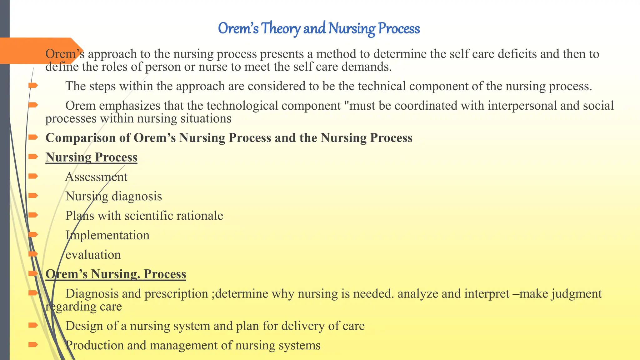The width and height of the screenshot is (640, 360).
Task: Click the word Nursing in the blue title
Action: click(x=352, y=28)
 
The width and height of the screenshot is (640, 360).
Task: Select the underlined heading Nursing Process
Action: click(x=91, y=157)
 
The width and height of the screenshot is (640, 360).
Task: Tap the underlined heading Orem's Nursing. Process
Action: click(x=116, y=274)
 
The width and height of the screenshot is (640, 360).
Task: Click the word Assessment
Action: click(x=96, y=177)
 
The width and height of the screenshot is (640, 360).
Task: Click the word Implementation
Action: click(x=107, y=235)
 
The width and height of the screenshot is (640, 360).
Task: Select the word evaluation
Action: click(x=93, y=255)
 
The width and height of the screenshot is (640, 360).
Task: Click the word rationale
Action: click(x=200, y=216)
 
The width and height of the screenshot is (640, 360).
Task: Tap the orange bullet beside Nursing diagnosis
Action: click(x=33, y=196)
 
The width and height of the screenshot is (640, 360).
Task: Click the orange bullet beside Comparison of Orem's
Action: click(x=33, y=137)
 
